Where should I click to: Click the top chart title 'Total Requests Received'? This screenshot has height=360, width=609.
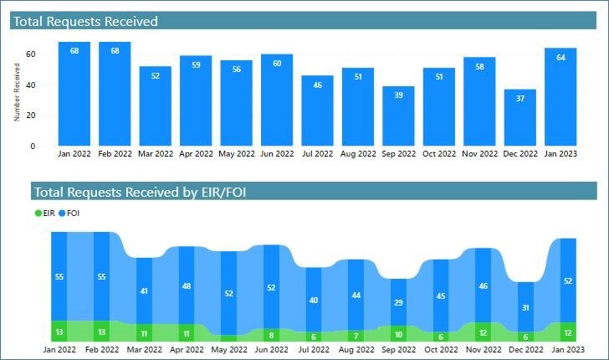coord(85,22)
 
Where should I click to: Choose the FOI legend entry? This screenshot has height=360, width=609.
coord(69,213)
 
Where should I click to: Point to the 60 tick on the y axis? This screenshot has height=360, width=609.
coord(30,54)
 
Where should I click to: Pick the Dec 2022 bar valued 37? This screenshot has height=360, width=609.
coord(519,117)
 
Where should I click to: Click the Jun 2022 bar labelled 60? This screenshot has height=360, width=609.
coord(277,100)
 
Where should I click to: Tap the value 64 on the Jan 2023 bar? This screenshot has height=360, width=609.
coord(560,58)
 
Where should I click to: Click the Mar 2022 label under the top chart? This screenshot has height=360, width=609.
coord(156,154)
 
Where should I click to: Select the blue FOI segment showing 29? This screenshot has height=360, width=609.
coord(398,301)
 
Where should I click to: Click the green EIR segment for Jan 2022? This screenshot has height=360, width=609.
coord(59,331)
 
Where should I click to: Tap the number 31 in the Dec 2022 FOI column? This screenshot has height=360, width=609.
coord(525,307)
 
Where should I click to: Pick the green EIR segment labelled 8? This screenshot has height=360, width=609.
coord(270,334)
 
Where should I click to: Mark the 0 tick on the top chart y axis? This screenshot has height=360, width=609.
coord(33,147)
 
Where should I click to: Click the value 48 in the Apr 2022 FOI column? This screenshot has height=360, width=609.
coord(187,285)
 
